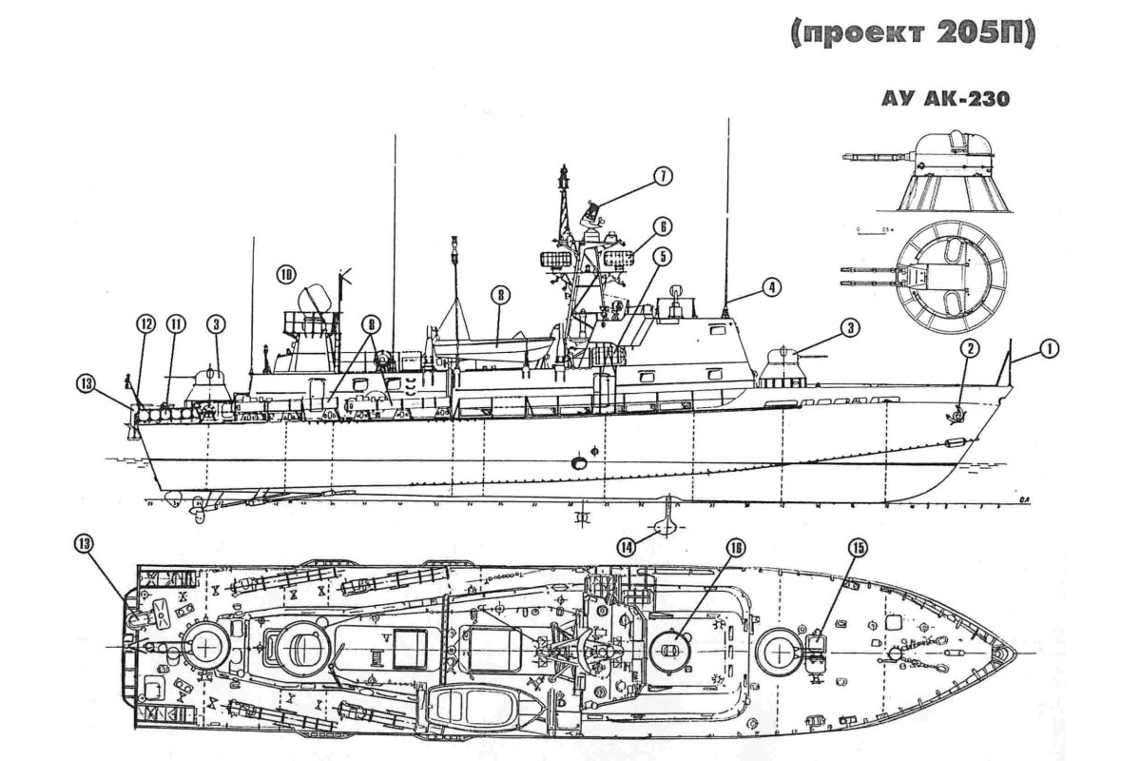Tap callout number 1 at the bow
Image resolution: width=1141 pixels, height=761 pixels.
click(1049, 349)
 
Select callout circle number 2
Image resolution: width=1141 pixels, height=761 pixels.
click(968, 349)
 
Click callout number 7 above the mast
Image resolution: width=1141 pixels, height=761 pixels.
click(662, 176)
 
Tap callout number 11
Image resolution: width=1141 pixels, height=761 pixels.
click(176, 324)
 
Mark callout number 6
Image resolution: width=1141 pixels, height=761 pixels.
click(662, 226)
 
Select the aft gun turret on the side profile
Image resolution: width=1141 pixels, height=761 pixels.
click(210, 385)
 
